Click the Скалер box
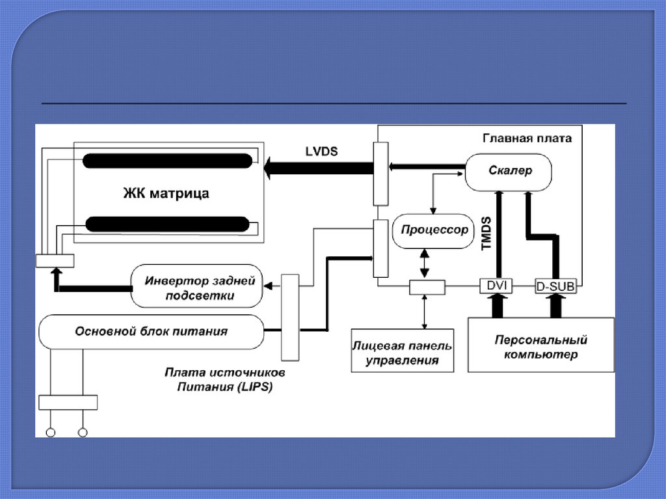pyautogui.click(x=509, y=171)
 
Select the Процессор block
pyautogui.click(x=434, y=230)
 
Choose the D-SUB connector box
pyautogui.click(x=555, y=286)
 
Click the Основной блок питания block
pyautogui.click(x=152, y=331)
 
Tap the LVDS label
pyautogui.click(x=321, y=151)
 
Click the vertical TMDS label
pyautogui.click(x=485, y=234)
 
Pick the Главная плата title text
pyautogui.click(x=527, y=139)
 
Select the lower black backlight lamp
pyautogui.click(x=167, y=224)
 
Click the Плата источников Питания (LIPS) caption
pyautogui.click(x=224, y=380)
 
